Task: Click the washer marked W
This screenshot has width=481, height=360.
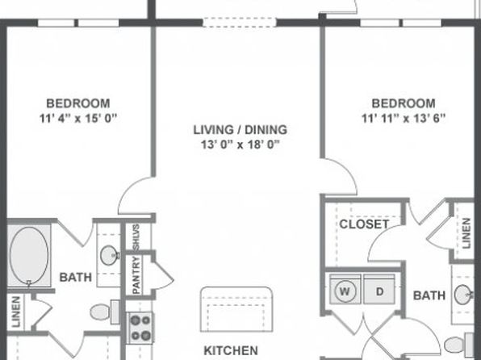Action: (x=345, y=289)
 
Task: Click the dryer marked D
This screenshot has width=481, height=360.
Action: (x=379, y=289)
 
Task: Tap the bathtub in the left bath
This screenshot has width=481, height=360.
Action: (x=29, y=255)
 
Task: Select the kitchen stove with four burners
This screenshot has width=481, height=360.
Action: (x=140, y=328)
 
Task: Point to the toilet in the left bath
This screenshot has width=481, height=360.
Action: (x=105, y=312)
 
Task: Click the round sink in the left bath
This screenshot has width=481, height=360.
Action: (x=110, y=255)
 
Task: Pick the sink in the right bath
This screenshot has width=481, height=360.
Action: (x=463, y=295)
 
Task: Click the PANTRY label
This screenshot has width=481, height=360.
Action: (x=136, y=274)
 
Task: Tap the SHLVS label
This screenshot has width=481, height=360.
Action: (x=136, y=237)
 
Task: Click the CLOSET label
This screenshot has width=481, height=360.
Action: (x=364, y=224)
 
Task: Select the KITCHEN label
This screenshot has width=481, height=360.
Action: (x=231, y=350)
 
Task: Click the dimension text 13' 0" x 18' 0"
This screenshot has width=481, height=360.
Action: (x=240, y=144)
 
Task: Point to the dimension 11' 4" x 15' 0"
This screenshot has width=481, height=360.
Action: (x=78, y=118)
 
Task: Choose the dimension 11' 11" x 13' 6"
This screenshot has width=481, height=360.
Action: (x=404, y=118)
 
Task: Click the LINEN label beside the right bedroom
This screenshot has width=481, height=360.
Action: (x=466, y=233)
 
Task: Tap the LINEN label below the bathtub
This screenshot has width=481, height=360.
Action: (x=15, y=312)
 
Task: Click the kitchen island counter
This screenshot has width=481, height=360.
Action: (x=236, y=309)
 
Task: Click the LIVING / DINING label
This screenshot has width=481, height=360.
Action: (x=240, y=130)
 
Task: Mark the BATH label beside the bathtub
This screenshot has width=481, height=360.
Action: (x=76, y=277)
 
